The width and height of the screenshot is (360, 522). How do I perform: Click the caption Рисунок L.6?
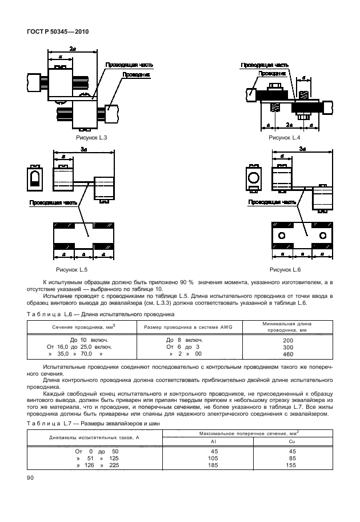click(x=284, y=268)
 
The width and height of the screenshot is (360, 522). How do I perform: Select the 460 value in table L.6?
click(x=287, y=354)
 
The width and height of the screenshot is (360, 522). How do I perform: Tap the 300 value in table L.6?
click(x=287, y=348)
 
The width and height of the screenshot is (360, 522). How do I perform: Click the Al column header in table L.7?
click(x=213, y=441)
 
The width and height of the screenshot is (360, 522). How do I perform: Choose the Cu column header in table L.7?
click(x=293, y=441)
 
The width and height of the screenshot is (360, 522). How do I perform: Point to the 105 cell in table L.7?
click(x=213, y=459)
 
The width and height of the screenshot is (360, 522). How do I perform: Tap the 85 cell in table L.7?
click(x=293, y=459)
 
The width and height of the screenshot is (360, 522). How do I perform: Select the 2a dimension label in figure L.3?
click(x=73, y=50)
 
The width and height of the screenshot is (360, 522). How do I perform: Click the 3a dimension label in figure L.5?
click(x=83, y=149)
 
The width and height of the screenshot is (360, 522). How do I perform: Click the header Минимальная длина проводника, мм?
click(x=287, y=326)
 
